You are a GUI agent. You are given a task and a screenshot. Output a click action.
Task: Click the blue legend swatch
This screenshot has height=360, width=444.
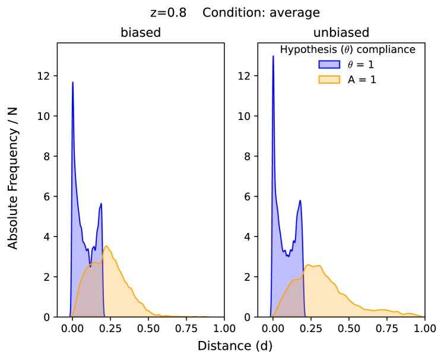coord(329,64)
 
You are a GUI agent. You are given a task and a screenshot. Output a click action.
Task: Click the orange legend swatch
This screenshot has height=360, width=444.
coord(329,79)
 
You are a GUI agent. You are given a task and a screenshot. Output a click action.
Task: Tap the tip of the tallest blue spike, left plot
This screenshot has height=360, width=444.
coord(73,83)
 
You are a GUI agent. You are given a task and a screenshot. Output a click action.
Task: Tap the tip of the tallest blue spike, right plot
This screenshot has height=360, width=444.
coord(273,56)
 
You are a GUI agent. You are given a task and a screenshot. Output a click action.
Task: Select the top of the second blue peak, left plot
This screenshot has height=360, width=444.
coord(101,204)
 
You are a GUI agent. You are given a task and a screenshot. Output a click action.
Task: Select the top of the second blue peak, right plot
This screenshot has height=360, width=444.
coord(300,200)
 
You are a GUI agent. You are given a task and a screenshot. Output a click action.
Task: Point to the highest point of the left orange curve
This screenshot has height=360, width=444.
coord(106,246)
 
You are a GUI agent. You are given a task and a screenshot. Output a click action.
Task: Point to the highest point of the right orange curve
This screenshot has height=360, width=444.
coord(308,265)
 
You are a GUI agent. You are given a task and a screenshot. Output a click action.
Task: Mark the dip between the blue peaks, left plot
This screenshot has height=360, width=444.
coord(88,250)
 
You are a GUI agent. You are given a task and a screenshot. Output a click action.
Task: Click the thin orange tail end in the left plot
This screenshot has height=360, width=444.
coord(202,316)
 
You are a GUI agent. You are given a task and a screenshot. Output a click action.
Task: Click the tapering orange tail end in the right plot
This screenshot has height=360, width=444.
coord(418,315)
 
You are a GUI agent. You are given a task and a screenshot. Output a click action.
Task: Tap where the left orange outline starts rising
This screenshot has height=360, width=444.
coord(71,315)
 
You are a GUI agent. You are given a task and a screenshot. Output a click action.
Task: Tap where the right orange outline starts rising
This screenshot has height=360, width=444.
coord(272,315)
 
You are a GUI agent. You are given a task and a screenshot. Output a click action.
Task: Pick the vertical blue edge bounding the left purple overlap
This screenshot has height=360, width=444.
coord(104,291)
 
